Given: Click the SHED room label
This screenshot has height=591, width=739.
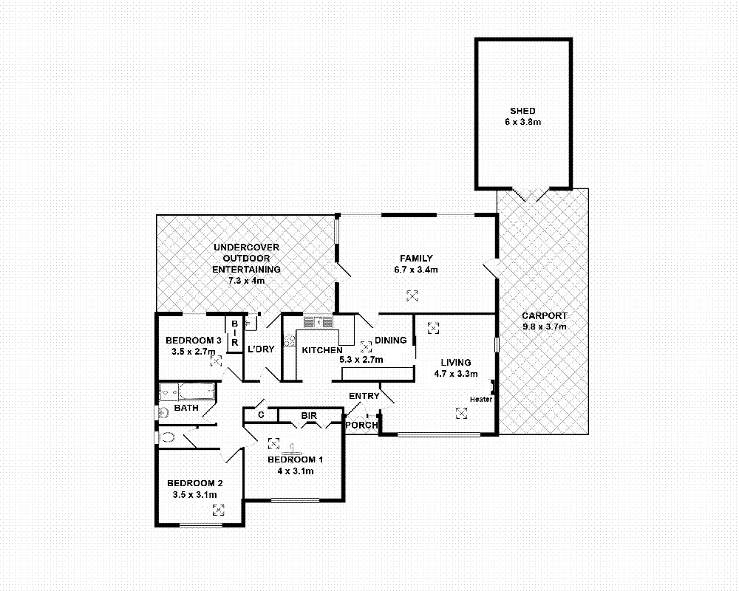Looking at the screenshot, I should (522, 111).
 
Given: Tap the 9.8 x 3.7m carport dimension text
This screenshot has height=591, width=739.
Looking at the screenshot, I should (543, 327).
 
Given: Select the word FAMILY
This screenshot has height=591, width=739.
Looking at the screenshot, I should (416, 259).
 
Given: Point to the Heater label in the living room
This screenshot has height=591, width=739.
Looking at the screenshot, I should (480, 400).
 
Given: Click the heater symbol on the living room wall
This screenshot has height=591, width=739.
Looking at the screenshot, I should (492, 387).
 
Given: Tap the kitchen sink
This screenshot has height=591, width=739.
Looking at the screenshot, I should (319, 321).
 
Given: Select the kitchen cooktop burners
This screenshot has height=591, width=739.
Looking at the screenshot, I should (290, 341).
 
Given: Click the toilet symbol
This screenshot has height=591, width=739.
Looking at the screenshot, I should (167, 437).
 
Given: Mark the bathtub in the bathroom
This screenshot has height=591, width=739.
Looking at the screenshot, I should (188, 392).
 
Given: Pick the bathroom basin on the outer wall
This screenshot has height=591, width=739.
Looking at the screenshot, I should (160, 412).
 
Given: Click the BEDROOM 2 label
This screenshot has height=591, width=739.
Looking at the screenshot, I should (194, 483).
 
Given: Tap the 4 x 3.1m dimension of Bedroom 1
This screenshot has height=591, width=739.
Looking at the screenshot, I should (296, 471).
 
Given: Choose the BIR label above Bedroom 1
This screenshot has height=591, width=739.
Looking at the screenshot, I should (309, 417).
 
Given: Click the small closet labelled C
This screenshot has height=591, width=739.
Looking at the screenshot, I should (261, 415).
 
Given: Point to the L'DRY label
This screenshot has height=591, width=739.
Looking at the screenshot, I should (261, 349).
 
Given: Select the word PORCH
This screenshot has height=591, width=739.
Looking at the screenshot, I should (362, 426).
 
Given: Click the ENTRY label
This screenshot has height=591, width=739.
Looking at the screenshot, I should (364, 397).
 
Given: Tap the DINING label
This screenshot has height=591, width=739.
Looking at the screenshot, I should (391, 341).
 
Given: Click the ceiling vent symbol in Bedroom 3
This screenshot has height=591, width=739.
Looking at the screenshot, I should (214, 361).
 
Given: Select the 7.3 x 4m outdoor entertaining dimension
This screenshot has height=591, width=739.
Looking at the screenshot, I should (246, 281).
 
